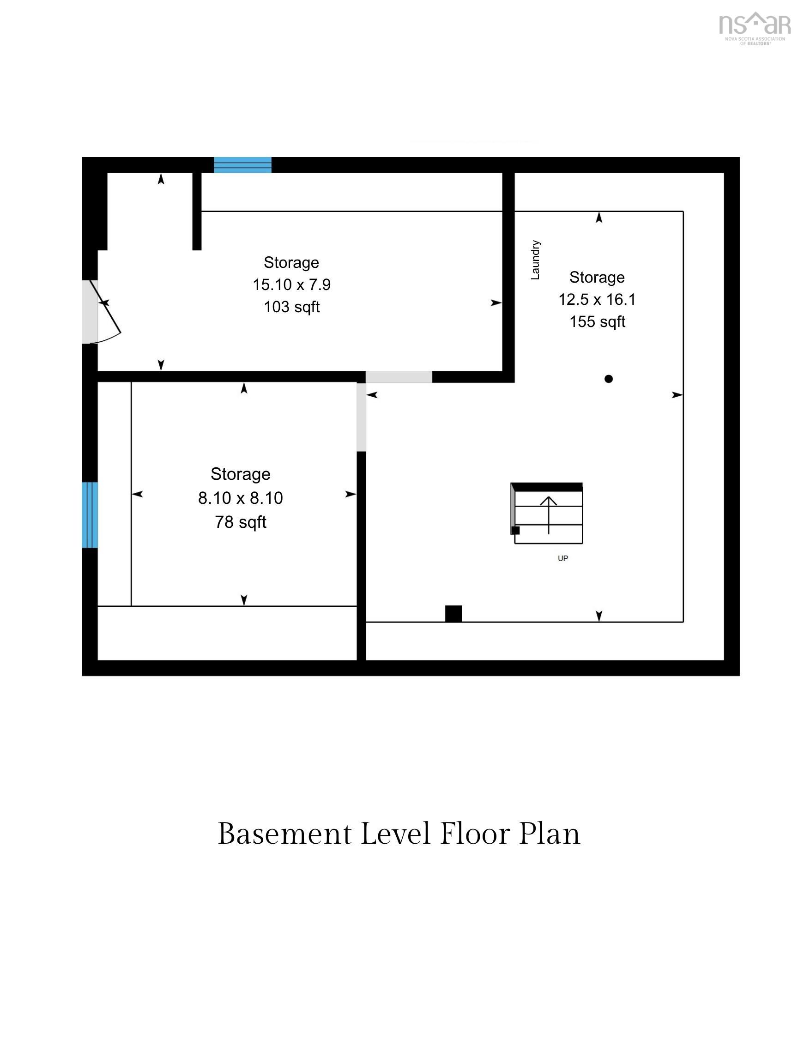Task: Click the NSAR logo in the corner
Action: coord(754,28)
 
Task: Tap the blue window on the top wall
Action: coord(242,164)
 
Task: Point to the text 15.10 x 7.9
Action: coord(291,284)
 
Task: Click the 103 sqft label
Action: coord(291,306)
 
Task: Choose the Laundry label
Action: coord(535,260)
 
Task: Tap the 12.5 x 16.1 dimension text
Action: coord(597,299)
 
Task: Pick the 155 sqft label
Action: coord(597,321)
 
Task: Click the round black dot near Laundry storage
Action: coord(609,379)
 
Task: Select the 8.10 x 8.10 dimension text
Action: coord(241,497)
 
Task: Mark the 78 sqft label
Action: coord(241,521)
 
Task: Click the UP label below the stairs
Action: coord(563,558)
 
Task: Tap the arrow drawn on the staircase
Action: coord(548,515)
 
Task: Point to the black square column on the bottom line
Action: coord(453,613)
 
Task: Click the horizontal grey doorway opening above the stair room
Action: coord(399,377)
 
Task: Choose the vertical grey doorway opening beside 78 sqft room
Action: coord(361,417)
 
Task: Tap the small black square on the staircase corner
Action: coord(515,530)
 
